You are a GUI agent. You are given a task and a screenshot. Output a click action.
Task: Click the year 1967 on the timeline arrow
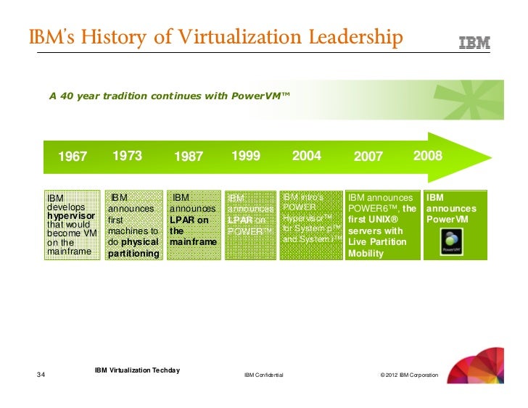click(73, 157)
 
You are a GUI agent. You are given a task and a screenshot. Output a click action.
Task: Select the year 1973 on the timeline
click(127, 156)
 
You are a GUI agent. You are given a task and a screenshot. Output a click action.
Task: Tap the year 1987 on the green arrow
click(189, 157)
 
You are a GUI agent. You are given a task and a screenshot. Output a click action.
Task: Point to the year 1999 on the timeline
click(247, 156)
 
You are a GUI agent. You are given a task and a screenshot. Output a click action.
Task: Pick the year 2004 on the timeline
click(306, 156)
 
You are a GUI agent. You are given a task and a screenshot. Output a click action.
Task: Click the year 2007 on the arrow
click(368, 157)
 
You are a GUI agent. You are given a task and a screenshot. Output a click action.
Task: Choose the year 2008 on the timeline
click(427, 156)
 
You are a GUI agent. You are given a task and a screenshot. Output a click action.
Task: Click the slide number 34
click(41, 375)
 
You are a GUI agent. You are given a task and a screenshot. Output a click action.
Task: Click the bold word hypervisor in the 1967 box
click(70, 216)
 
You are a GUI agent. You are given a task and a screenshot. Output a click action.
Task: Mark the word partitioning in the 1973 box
click(133, 254)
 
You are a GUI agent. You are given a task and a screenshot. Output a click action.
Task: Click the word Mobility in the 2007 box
click(366, 254)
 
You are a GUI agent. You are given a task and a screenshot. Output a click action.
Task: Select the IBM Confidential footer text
click(264, 375)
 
